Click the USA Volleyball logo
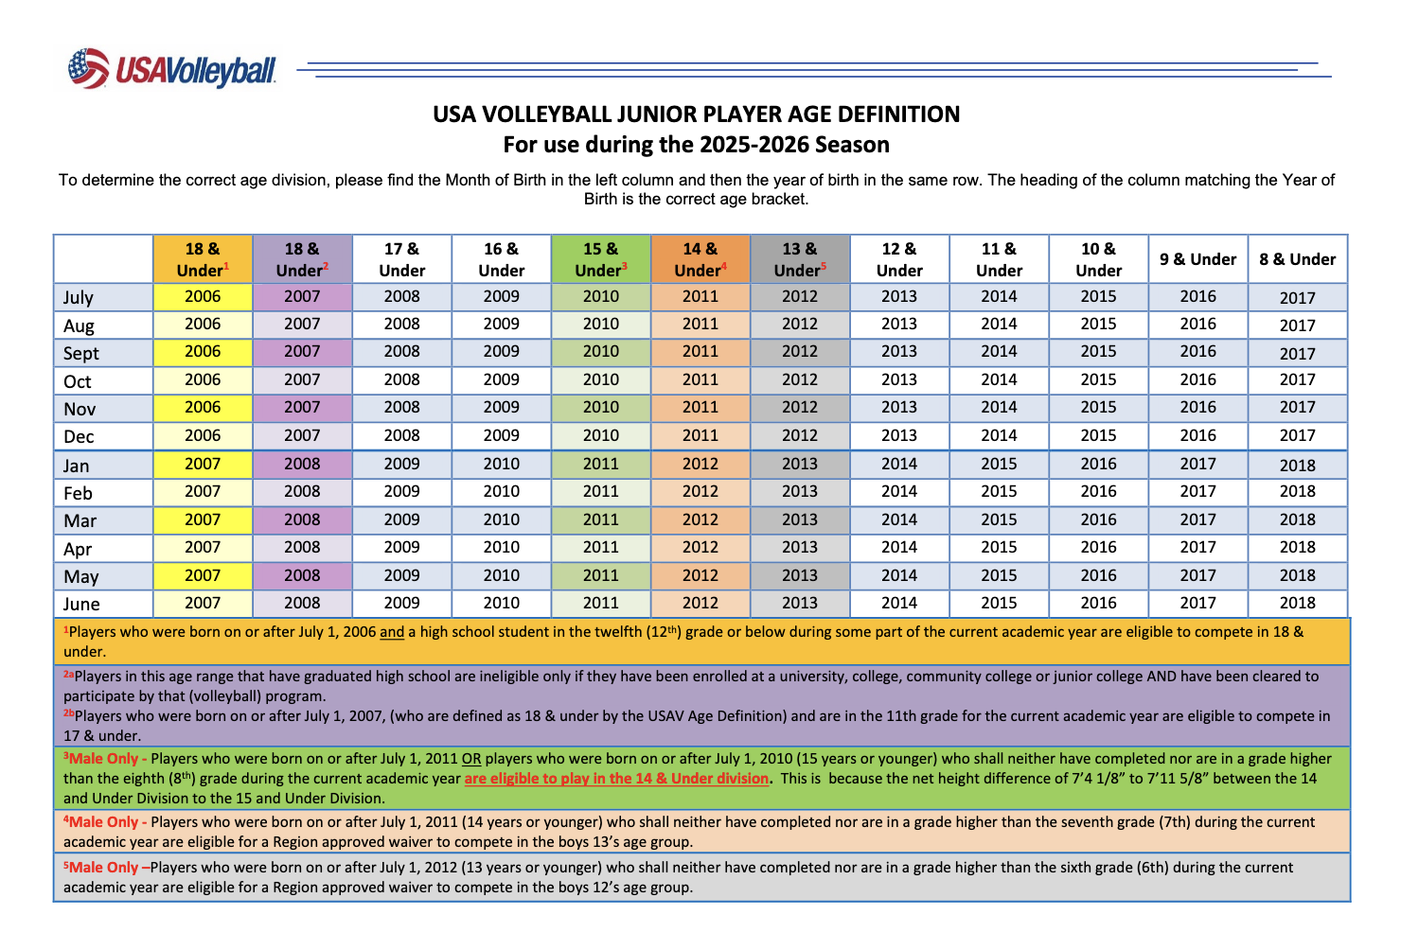click(172, 69)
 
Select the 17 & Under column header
click(402, 259)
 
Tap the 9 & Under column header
click(1197, 259)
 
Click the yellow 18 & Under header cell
click(202, 259)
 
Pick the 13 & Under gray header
click(799, 259)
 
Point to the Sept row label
click(81, 353)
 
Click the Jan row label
click(77, 466)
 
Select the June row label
click(81, 604)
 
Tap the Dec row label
click(79, 436)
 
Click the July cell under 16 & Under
click(502, 296)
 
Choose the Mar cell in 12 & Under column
click(899, 519)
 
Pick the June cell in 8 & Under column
click(1297, 603)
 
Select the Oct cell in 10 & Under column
click(1098, 379)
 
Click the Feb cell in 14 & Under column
click(700, 491)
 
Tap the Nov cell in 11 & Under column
click(999, 407)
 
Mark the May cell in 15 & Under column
click(601, 575)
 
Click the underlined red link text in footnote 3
click(616, 779)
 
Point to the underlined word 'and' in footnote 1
click(392, 632)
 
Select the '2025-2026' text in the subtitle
click(754, 145)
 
